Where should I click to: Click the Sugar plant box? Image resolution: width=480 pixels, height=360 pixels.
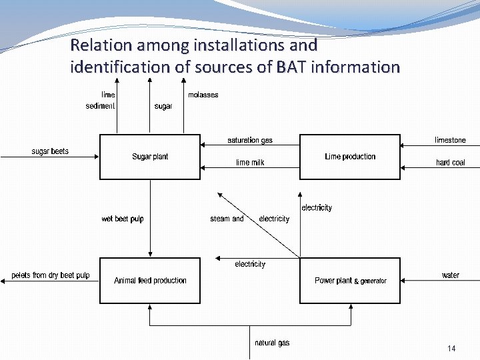click(x=150, y=157)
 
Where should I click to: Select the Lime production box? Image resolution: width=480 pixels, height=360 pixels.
click(x=350, y=157)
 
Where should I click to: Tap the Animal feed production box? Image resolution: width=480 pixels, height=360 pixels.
click(x=150, y=281)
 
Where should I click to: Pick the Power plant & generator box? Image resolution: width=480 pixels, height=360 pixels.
click(x=350, y=281)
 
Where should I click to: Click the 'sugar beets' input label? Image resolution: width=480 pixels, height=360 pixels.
click(x=50, y=151)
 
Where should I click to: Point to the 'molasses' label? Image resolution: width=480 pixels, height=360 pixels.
click(x=203, y=95)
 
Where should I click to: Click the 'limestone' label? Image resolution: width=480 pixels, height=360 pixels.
click(x=450, y=140)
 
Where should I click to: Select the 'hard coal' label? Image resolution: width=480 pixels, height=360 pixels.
click(x=450, y=163)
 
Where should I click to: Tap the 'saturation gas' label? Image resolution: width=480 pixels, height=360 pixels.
click(x=250, y=140)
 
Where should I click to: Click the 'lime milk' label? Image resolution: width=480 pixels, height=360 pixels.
click(x=250, y=163)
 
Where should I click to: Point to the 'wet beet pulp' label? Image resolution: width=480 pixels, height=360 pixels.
click(x=123, y=219)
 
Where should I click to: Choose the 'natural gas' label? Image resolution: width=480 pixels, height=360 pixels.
click(x=272, y=343)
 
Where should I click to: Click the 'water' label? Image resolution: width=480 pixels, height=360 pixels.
click(x=450, y=275)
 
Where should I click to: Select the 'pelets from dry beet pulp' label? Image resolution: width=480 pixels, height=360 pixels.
click(x=51, y=275)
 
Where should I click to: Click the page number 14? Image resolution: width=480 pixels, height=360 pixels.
click(x=451, y=349)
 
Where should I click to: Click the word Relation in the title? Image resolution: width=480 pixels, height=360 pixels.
click(x=100, y=45)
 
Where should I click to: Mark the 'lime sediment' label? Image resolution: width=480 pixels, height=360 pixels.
click(x=101, y=101)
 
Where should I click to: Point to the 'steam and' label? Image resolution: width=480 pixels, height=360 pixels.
click(x=227, y=219)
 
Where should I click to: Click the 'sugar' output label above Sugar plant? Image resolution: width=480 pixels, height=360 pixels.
click(x=163, y=107)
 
